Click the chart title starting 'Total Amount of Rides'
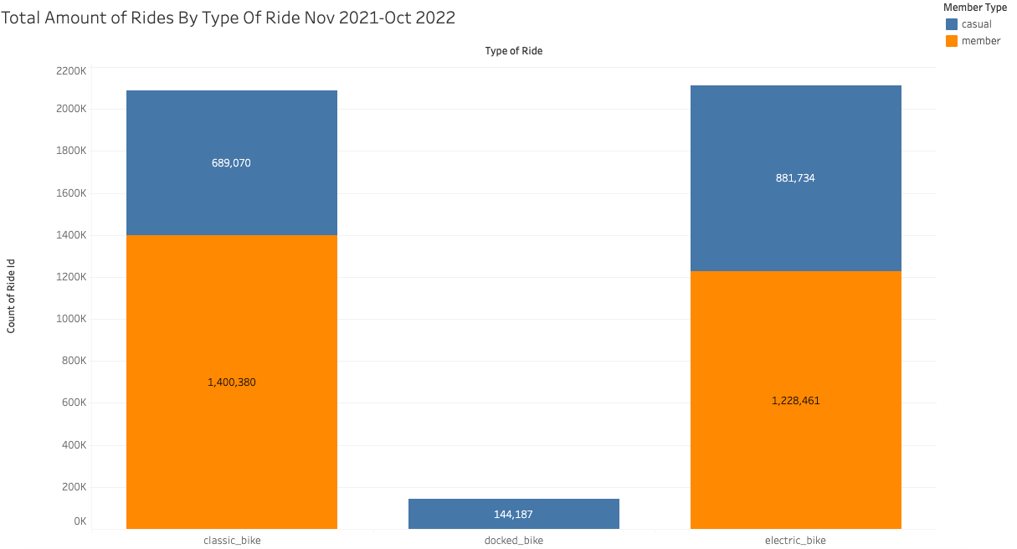click(228, 18)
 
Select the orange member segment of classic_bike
click(232, 382)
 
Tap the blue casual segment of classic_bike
click(232, 162)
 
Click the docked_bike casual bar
click(513, 514)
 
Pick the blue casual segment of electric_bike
click(795, 178)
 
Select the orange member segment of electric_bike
click(795, 400)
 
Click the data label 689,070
click(231, 163)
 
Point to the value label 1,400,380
click(232, 382)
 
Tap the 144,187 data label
click(513, 515)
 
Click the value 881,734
click(795, 178)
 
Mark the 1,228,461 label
click(796, 401)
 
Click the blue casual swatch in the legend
click(952, 24)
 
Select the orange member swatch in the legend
click(952, 41)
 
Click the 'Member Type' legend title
click(975, 8)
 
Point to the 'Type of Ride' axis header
click(513, 51)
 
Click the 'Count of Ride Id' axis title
click(11, 296)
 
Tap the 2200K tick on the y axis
click(71, 71)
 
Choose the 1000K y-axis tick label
click(71, 319)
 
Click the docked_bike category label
click(513, 541)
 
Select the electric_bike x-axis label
click(795, 541)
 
